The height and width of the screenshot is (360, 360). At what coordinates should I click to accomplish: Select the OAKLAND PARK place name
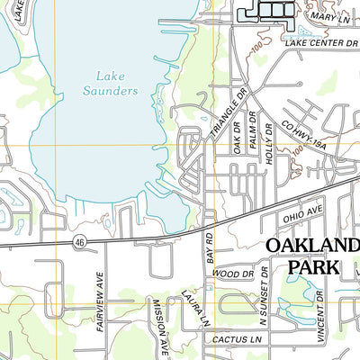[311, 256]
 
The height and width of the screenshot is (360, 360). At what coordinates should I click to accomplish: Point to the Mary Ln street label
[328, 18]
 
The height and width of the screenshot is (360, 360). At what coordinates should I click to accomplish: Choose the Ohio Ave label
[301, 216]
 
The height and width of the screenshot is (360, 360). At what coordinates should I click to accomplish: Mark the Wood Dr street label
[232, 273]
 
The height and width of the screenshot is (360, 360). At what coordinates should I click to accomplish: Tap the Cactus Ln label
[231, 340]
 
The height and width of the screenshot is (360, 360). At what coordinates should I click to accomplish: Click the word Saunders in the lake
[113, 91]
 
